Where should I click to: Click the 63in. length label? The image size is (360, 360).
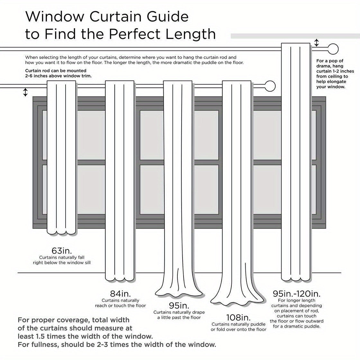point(62,250)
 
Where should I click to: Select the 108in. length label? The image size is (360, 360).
point(238,318)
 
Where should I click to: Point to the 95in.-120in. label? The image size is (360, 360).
point(296,293)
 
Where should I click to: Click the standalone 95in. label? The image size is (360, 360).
point(179,305)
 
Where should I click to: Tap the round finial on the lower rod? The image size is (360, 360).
point(270,86)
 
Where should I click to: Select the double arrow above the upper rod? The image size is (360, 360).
point(317,42)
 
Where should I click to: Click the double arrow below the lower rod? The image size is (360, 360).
point(25,93)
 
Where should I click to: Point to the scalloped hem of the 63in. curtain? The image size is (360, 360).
point(61,232)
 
